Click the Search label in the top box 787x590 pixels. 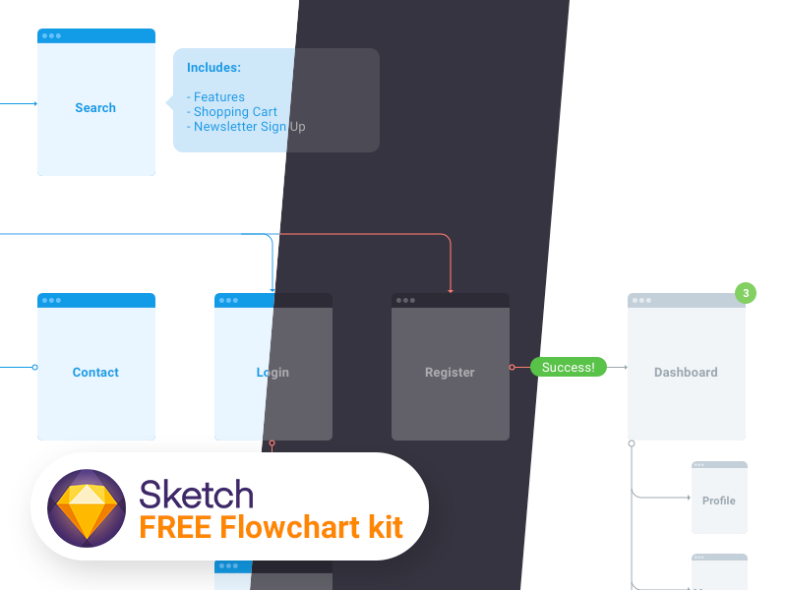click(95, 108)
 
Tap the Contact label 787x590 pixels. click(95, 373)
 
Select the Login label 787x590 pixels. click(272, 373)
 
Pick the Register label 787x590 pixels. click(450, 373)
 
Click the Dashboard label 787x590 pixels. click(686, 373)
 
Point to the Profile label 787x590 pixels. click(719, 501)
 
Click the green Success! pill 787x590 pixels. click(569, 368)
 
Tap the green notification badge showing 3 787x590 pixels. click(746, 293)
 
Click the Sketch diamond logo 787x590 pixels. click(88, 505)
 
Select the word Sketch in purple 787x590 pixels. click(197, 494)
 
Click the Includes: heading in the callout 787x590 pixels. click(213, 68)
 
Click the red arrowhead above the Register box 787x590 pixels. click(451, 290)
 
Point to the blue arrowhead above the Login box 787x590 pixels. click(272, 290)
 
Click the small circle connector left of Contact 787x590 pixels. click(35, 368)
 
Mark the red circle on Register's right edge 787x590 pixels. click(512, 368)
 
